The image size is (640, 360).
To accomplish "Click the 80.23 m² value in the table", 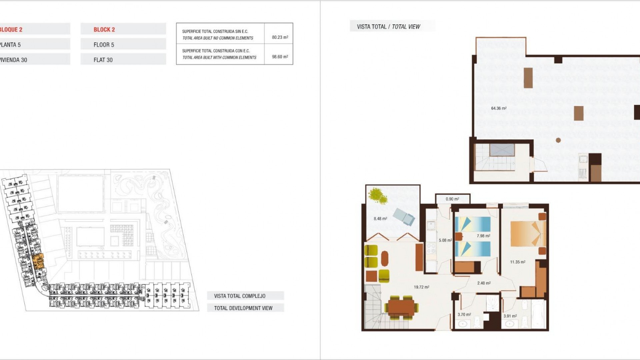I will (x=280, y=37).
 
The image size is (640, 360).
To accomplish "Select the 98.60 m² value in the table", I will (x=280, y=57).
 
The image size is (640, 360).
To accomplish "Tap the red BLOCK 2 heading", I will (x=104, y=30).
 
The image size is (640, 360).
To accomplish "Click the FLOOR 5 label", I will (x=104, y=45).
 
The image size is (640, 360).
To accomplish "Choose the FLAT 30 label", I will (x=103, y=60).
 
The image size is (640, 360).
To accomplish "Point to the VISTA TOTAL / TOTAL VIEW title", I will (x=388, y=27).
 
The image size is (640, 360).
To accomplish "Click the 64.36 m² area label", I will (x=499, y=108).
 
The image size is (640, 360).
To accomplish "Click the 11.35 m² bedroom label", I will (x=517, y=262).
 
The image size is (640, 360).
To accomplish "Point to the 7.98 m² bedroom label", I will (x=483, y=236).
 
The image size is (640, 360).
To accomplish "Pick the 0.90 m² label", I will (x=452, y=199).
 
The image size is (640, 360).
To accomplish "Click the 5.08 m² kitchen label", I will (x=445, y=240).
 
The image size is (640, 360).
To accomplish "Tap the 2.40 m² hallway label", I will (x=484, y=283).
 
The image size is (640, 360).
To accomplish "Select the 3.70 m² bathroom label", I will (x=464, y=314).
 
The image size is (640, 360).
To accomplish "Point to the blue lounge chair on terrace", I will (x=404, y=217).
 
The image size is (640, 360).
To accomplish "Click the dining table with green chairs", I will (x=401, y=307).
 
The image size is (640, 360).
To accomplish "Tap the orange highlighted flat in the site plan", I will (x=39, y=261).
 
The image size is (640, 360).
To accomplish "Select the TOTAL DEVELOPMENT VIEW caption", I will (x=243, y=308).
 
